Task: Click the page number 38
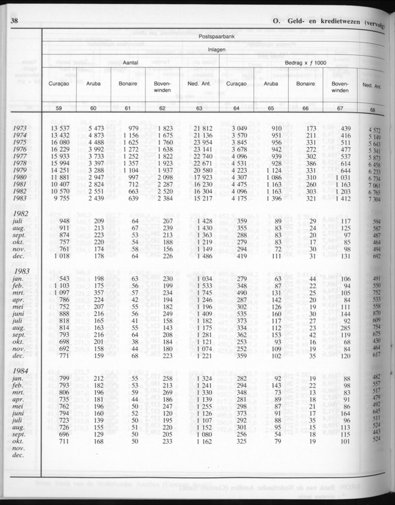13,21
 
